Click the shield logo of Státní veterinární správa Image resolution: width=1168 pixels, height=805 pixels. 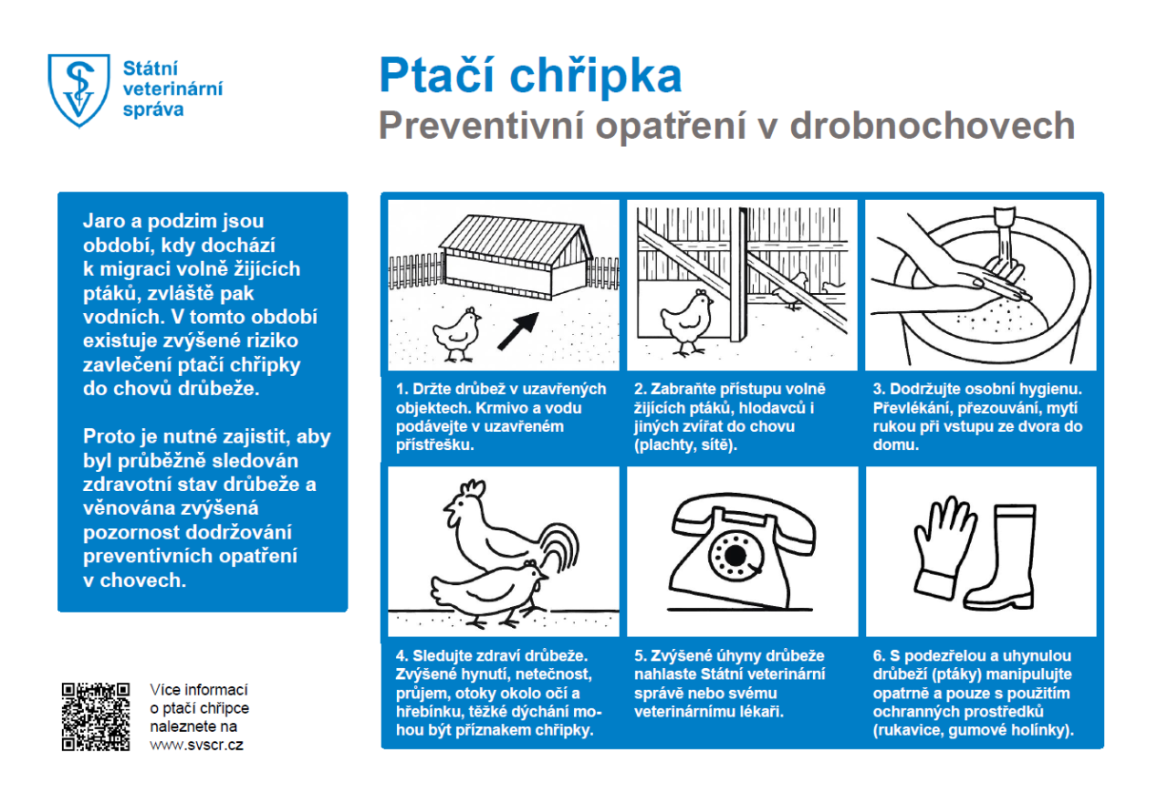point(78,89)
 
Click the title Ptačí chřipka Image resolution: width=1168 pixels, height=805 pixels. point(530,76)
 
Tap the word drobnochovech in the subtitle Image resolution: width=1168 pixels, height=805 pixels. point(933,126)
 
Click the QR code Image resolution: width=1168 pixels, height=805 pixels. point(95,716)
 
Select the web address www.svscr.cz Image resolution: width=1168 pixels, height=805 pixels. point(196,745)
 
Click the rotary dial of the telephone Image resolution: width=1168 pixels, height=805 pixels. point(735,553)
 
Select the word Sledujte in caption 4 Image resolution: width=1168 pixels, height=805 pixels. point(445,656)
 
